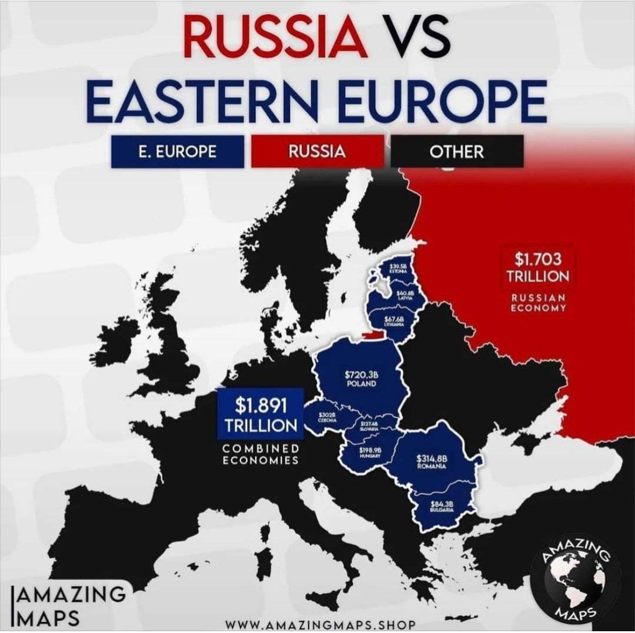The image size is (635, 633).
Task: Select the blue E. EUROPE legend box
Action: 177,151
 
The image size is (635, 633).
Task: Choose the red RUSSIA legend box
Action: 317,151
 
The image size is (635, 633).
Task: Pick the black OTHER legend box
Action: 456,151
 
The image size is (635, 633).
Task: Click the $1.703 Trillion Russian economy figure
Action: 538,267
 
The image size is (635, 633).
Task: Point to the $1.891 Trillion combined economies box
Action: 260,414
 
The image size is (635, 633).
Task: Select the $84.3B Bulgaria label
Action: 441,506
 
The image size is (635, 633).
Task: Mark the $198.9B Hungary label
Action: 370,452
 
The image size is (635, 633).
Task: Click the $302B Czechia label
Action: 327,417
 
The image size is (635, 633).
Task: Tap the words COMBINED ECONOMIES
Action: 260,455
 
